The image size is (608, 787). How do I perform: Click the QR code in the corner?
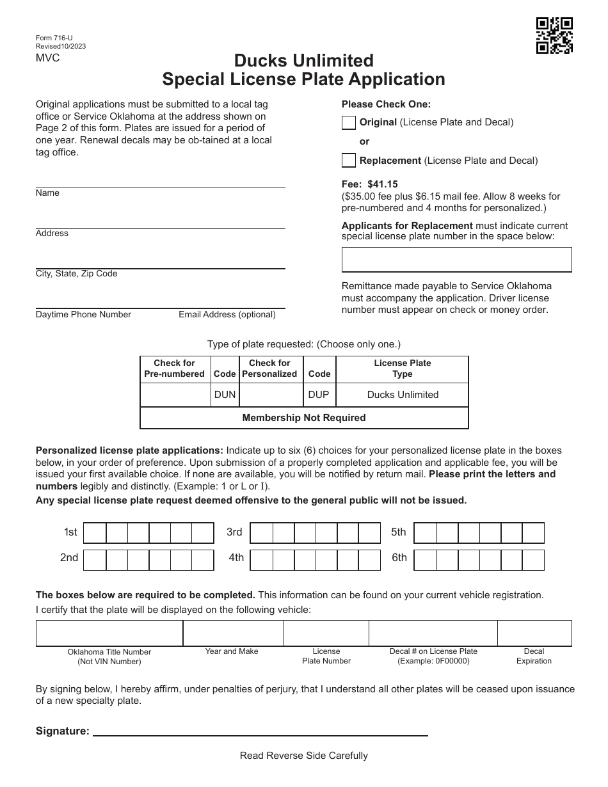[x=554, y=35]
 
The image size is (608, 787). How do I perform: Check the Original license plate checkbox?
[x=349, y=122]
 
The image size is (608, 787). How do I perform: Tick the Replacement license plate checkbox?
[x=349, y=160]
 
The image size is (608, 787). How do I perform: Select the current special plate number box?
[x=456, y=260]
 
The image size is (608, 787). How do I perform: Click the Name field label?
[x=47, y=193]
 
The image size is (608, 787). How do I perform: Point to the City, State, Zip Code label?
[x=76, y=274]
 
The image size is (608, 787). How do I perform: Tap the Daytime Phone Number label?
[x=83, y=315]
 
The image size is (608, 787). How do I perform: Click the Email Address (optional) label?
[x=227, y=315]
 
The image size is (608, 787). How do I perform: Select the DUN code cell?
[x=225, y=395]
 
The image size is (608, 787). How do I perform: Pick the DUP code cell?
[x=319, y=395]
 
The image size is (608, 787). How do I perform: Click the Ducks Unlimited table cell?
[x=403, y=395]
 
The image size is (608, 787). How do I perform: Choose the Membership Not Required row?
[x=304, y=418]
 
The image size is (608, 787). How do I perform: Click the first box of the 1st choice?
[x=95, y=533]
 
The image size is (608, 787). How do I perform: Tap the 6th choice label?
[x=399, y=558]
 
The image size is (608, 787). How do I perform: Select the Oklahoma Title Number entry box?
[x=109, y=633]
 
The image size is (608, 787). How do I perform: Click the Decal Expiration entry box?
[x=534, y=633]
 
